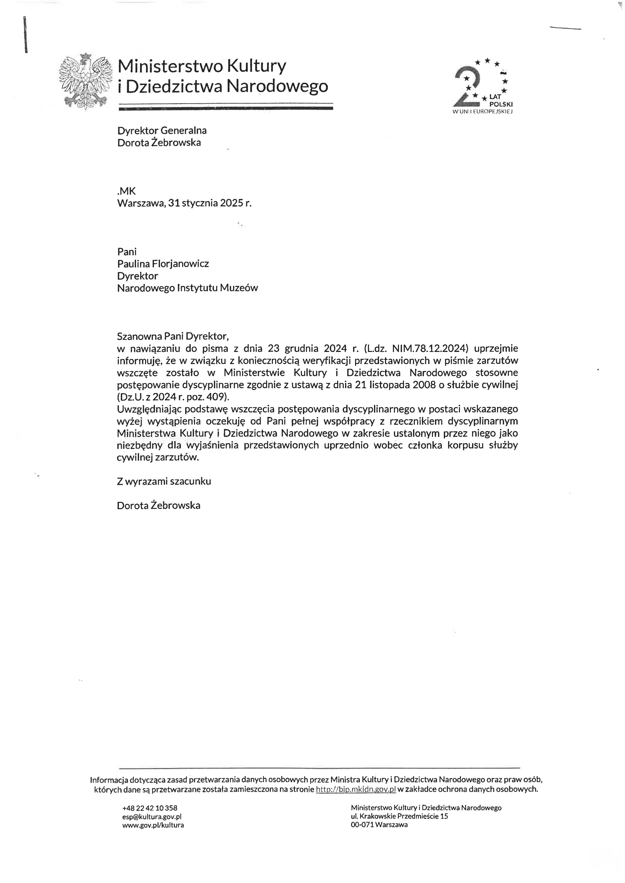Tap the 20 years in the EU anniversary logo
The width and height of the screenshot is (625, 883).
tap(483, 87)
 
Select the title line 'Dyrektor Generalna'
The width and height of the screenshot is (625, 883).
tap(162, 130)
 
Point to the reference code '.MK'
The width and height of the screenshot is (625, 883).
tap(126, 191)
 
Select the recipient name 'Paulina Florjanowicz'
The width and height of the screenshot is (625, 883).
tap(163, 264)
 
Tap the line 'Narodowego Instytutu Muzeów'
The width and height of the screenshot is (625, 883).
tap(187, 288)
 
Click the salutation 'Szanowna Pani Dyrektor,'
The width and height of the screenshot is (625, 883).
tap(173, 336)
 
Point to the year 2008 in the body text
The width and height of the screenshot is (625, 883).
tap(424, 385)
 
